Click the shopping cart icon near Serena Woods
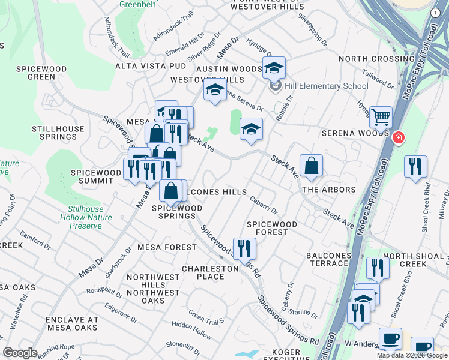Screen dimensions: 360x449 (x=381, y=116)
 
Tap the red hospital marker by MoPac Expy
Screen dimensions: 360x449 (x=397, y=139)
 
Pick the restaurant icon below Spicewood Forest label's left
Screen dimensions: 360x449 (x=244, y=248)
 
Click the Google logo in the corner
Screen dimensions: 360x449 (x=20, y=353)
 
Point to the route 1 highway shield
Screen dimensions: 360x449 (x=435, y=13)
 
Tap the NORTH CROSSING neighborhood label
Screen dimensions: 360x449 (x=368, y=59)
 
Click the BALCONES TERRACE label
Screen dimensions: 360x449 (x=328, y=260)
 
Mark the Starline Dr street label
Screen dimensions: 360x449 (x=302, y=312)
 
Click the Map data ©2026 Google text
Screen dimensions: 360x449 (x=411, y=355)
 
